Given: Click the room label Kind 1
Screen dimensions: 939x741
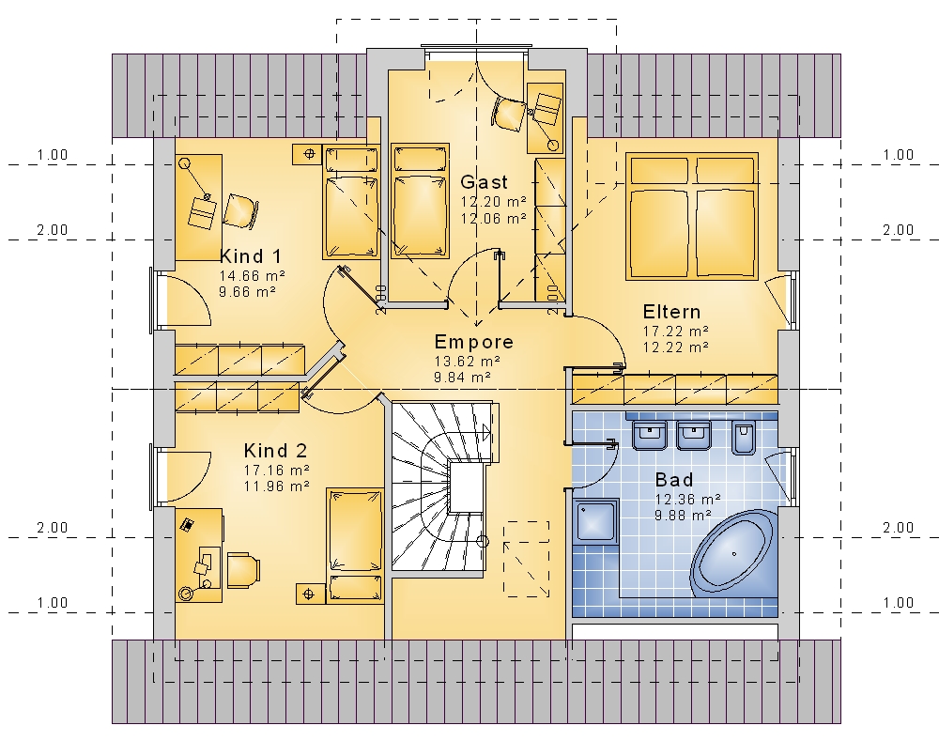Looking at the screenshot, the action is pos(251,256).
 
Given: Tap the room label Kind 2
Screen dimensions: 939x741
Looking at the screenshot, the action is pos(275,451).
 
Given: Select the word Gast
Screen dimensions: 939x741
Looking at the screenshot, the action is pos(484,182).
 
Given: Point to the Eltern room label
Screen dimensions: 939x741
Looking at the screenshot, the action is pos(671,312).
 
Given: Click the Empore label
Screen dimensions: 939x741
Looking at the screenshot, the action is pos(473,342).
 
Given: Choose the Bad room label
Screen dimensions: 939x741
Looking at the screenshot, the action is pos(674,480).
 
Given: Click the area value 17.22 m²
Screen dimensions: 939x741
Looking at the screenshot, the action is pos(676,332).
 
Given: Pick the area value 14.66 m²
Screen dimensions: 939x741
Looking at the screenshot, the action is pos(252,276).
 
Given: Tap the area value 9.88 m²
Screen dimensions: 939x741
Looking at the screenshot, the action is pos(683,516).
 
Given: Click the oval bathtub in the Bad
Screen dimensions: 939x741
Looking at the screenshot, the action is pos(733,553).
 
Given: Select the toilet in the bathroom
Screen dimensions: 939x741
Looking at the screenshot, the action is pos(744,436).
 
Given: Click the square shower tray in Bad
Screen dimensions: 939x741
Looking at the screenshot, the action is pos(596,521).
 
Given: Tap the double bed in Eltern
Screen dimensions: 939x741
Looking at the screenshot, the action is pos(692,216).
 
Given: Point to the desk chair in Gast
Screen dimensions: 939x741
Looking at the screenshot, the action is pos(508,114).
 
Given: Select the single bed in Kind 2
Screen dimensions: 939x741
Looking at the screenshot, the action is pos(355,545).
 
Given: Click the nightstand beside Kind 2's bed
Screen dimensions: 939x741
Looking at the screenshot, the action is pos(310,594).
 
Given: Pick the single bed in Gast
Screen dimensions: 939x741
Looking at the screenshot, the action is pos(420,201).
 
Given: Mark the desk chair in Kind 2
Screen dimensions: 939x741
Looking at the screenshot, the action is pos(244,570).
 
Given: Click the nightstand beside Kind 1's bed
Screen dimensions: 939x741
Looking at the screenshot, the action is pos(309,154).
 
